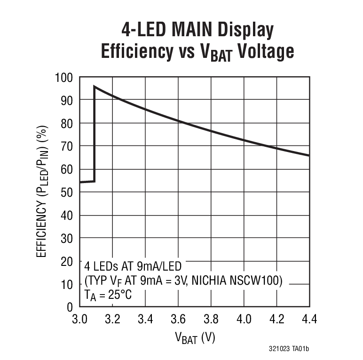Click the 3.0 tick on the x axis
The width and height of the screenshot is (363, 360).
click(79, 320)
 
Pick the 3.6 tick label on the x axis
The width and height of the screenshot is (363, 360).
click(178, 320)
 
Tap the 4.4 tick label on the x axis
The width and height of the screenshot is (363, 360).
click(308, 320)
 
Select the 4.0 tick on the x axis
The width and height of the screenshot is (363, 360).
click(244, 320)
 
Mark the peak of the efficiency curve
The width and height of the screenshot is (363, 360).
click(95, 87)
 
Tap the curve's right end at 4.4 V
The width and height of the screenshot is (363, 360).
click(308, 155)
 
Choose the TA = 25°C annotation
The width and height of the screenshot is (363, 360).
click(107, 296)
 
